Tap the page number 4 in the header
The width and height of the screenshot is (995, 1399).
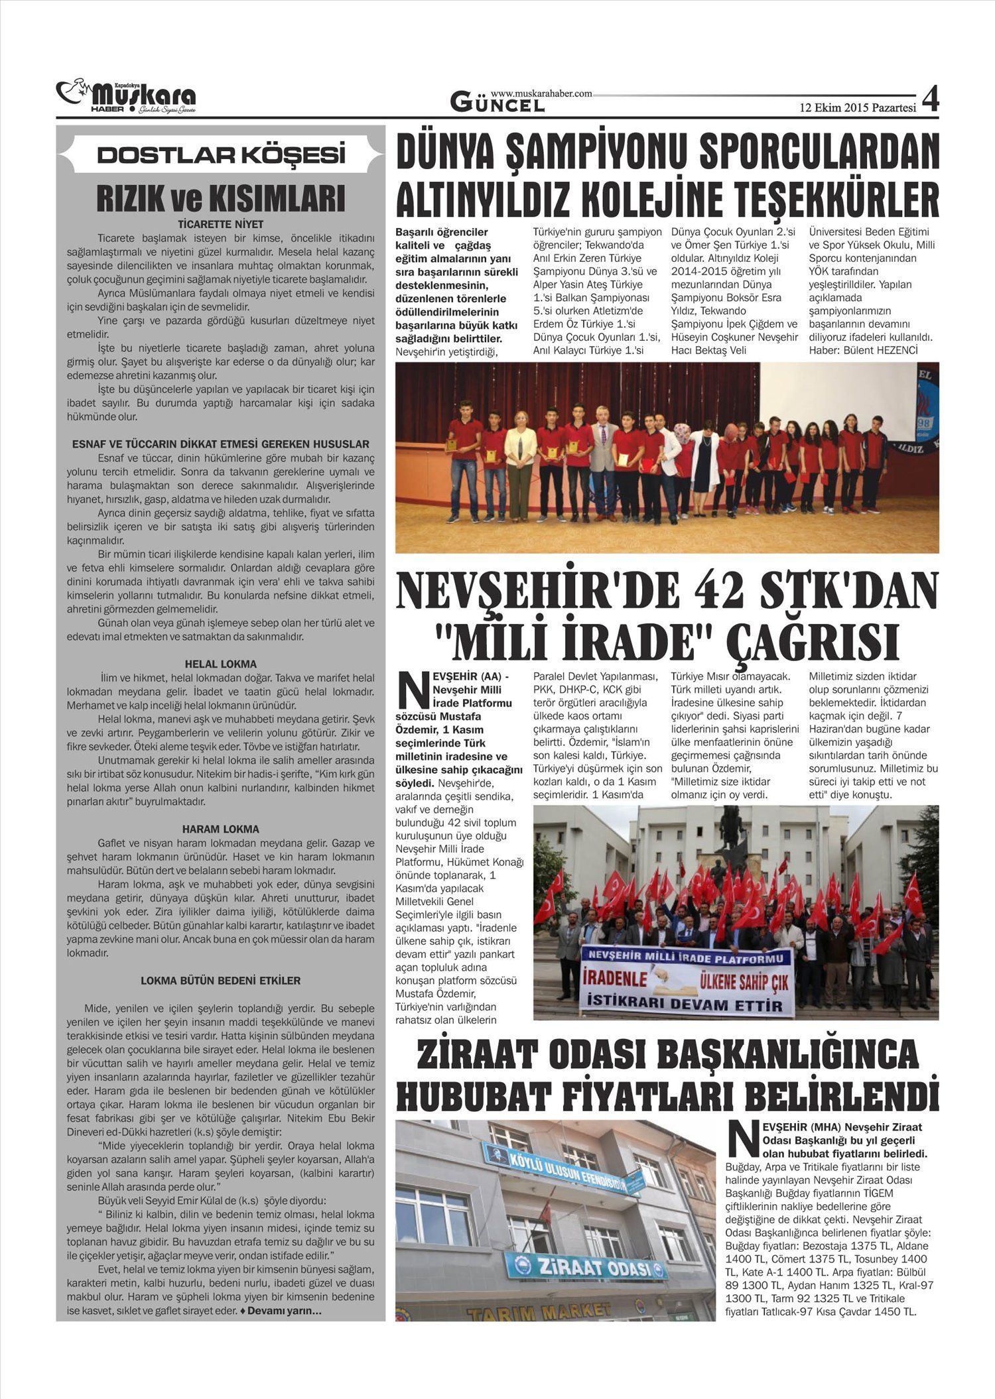coord(930,101)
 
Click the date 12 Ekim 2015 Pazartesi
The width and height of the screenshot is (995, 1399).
coord(857,107)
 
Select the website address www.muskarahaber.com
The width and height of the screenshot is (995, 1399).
coord(541,94)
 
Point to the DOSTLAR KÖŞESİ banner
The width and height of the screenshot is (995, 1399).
coord(221,155)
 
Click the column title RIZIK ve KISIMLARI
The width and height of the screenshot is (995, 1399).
coord(221,198)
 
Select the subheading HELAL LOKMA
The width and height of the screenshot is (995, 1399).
coord(221,664)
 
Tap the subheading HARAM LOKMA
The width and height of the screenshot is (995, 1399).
coord(221,829)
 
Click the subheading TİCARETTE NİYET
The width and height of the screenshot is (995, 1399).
coord(221,224)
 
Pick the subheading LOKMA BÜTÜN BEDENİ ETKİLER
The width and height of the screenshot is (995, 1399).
coord(221,981)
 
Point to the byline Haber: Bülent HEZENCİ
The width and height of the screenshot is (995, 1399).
coord(863,350)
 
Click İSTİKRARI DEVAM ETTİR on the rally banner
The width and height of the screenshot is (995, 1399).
coord(686,1006)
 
